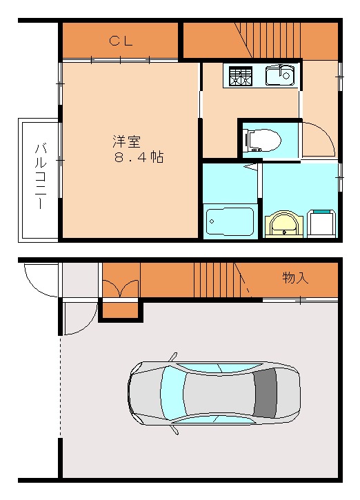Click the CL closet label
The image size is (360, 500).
tap(121, 41)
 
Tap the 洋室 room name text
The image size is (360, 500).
tap(126, 141)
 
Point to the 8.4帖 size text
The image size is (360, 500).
tap(139, 157)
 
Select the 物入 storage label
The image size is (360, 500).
tap(294, 278)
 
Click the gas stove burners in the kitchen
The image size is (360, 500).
tap(241, 75)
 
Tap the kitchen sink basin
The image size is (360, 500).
tap(279, 74)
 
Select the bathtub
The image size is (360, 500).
tap(230, 221)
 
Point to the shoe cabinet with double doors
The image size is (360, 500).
tap(121, 289)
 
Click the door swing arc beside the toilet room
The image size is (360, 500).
tap(319, 139)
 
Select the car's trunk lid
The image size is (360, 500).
tap(288, 394)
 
